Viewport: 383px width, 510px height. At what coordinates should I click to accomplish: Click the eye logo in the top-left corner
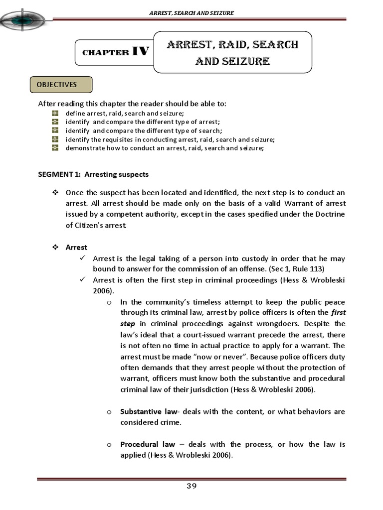click(x=23, y=20)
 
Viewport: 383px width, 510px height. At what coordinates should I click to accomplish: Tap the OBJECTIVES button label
click(x=61, y=85)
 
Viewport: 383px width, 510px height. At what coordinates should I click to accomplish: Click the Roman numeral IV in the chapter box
click(x=140, y=51)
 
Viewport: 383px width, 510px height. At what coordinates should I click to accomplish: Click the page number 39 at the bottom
click(x=191, y=486)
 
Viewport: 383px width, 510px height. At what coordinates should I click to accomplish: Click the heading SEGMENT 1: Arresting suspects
click(x=93, y=174)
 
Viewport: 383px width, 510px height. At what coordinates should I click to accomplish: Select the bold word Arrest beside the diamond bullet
click(x=76, y=247)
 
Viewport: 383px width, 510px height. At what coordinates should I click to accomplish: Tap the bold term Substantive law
click(x=148, y=411)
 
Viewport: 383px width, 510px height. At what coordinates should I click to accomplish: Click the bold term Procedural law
click(x=148, y=444)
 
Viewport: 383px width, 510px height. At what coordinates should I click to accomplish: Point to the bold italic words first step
click(x=332, y=318)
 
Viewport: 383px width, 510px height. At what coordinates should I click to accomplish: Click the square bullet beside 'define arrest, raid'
click(x=55, y=114)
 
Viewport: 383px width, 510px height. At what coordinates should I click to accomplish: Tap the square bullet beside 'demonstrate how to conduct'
click(x=55, y=148)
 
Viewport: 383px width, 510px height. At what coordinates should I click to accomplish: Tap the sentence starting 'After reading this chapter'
click(x=132, y=104)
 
